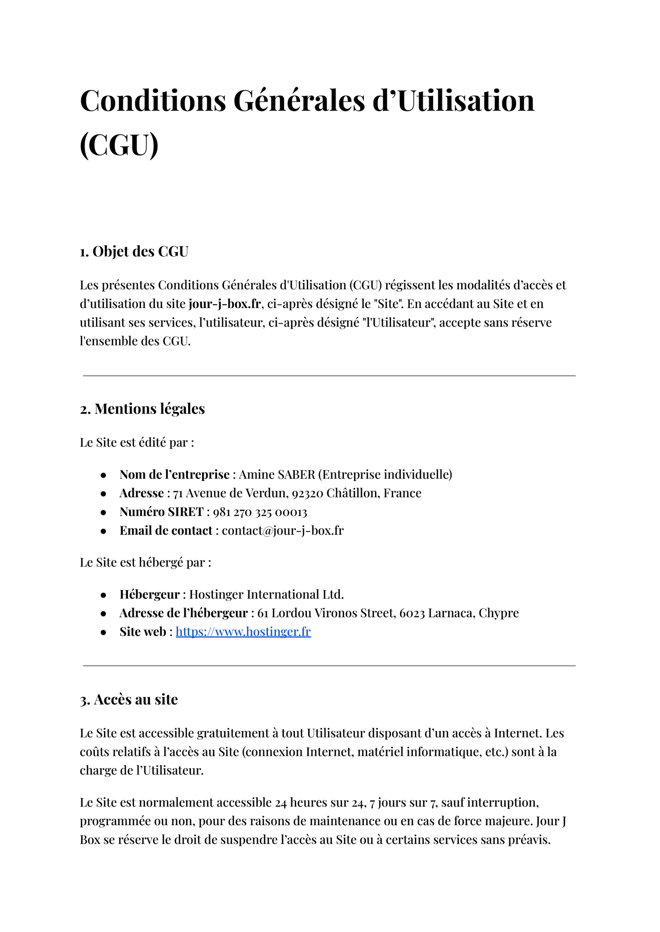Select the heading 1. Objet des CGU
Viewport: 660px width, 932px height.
pos(134,252)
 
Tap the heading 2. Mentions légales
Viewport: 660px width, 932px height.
pos(142,409)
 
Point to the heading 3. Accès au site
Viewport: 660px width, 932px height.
pos(129,699)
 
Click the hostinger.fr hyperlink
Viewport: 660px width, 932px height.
pos(243,632)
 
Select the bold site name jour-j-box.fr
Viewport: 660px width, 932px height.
pos(225,304)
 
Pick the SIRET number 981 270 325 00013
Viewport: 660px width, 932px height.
pos(260,512)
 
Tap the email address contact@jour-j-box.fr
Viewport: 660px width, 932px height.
pos(283,531)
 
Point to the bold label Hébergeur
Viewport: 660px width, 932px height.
pos(149,595)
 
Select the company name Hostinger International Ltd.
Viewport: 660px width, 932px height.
pos(266,595)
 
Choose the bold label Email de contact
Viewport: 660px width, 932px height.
pos(166,531)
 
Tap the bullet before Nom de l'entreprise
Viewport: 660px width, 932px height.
pos(104,475)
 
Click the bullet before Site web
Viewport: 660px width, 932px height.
pos(104,632)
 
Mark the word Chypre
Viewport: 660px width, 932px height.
pos(498,613)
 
